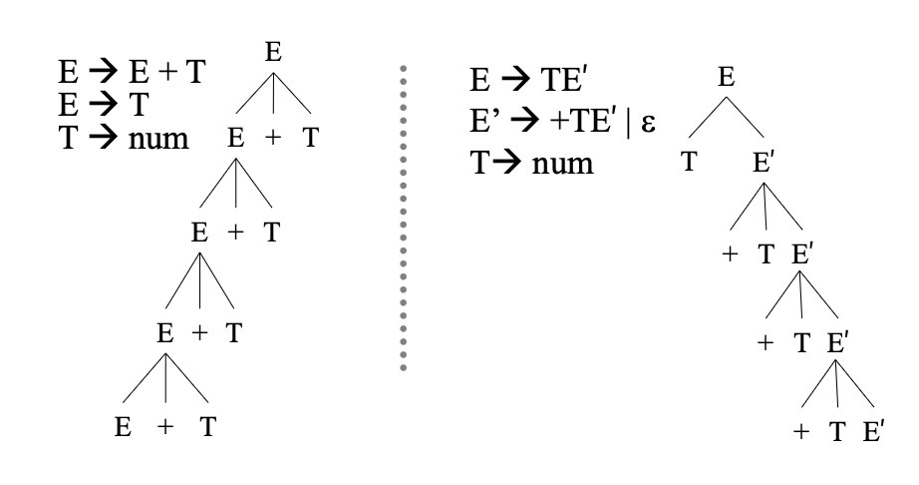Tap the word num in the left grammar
158,137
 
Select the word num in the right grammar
562,162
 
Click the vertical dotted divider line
404,220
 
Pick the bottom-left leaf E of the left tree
123,428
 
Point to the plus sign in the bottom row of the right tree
800,433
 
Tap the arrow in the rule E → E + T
101,74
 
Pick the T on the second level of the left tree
311,139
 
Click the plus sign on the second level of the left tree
273,139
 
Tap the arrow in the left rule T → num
100,137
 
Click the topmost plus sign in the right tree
730,254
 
